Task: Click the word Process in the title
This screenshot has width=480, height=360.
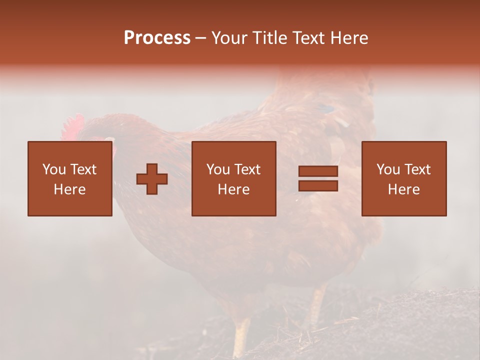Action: (x=157, y=38)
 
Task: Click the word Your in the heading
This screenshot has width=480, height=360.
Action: (x=230, y=38)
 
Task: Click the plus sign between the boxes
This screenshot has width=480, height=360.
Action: (x=152, y=179)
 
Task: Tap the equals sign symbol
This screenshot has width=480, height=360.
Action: (x=318, y=178)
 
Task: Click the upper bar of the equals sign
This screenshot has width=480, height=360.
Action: (x=318, y=171)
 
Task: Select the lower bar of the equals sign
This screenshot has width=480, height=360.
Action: (x=318, y=185)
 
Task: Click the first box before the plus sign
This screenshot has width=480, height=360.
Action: (x=70, y=178)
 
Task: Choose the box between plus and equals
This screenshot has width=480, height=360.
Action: (x=234, y=178)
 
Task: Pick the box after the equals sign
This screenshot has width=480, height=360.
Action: (x=404, y=178)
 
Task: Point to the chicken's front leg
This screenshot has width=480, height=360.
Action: (x=242, y=335)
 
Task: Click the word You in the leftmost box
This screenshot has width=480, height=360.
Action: (x=53, y=169)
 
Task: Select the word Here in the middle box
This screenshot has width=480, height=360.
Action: (x=234, y=189)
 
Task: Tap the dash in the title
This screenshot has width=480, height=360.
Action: (x=201, y=38)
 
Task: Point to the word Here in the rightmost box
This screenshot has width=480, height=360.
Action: (x=404, y=189)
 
